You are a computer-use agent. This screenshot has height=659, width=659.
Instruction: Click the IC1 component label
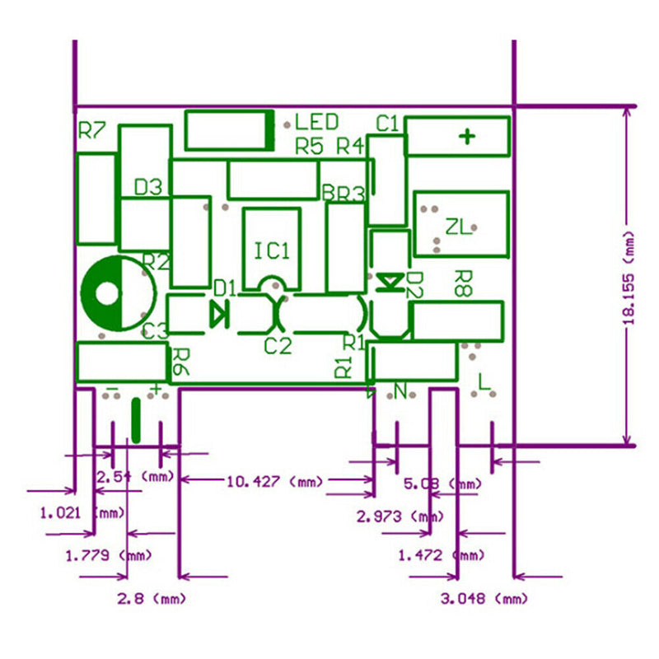pyautogui.click(x=272, y=250)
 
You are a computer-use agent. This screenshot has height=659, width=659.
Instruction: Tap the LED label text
pyautogui.click(x=317, y=123)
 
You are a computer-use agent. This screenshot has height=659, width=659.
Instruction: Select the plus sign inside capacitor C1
pyautogui.click(x=467, y=136)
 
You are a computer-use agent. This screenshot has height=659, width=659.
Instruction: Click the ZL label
pyautogui.click(x=459, y=227)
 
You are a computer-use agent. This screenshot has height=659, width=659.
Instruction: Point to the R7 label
pyautogui.click(x=92, y=130)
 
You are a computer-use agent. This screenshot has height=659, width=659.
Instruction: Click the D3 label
pyautogui.click(x=148, y=187)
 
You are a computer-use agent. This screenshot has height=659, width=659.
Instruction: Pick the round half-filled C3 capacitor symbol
pyautogui.click(x=119, y=294)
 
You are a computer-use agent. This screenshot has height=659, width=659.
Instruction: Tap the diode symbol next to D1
pyautogui.click(x=219, y=314)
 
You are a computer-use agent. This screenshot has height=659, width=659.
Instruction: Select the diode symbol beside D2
pyautogui.click(x=388, y=283)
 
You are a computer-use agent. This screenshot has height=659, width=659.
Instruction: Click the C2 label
pyautogui.click(x=278, y=346)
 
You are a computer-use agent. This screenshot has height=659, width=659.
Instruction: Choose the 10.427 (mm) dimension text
pyautogui.click(x=264, y=481)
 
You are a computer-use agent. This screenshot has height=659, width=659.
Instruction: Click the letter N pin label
pyautogui.click(x=401, y=391)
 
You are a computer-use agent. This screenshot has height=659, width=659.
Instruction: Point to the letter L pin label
pyautogui.click(x=484, y=381)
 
